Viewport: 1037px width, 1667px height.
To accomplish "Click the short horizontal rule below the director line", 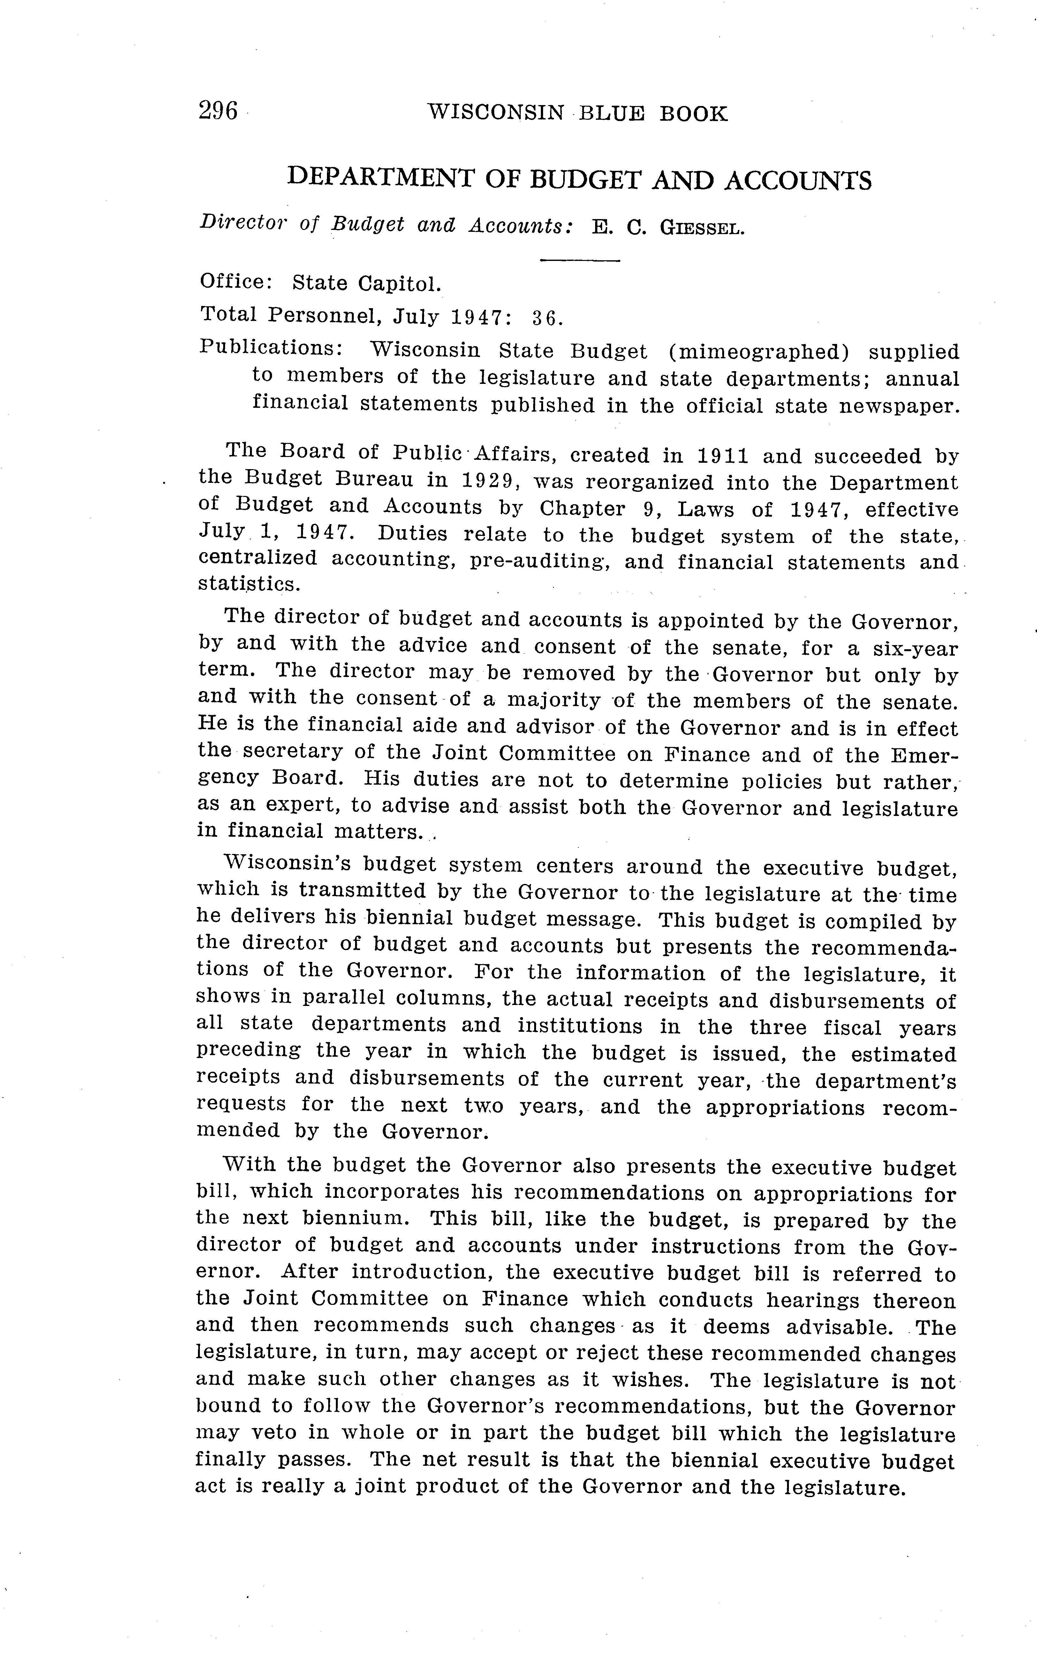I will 579,261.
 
